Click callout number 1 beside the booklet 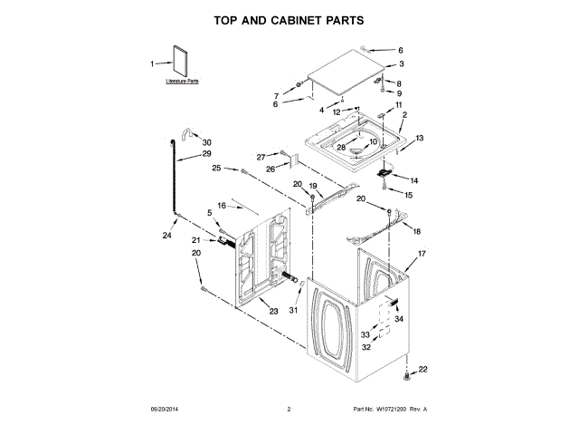tap(153, 63)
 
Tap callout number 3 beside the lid tap(402, 64)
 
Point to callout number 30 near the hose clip tap(206, 142)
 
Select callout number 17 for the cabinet tap(421, 255)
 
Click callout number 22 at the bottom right tap(422, 369)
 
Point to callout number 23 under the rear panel tap(274, 311)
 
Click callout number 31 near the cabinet tap(293, 310)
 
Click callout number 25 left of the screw tap(217, 168)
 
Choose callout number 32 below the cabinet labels tap(366, 347)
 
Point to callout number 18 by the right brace tap(417, 231)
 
